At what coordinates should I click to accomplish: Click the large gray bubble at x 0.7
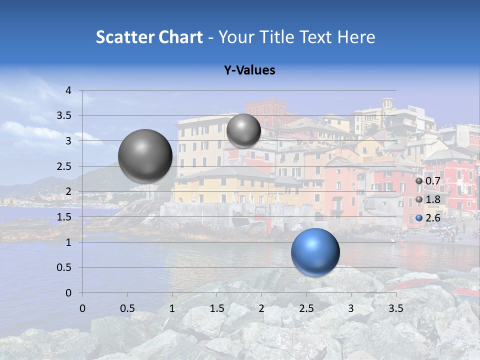point(145,156)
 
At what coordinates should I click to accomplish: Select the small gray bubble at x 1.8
point(243,130)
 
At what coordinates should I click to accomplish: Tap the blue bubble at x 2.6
point(315,252)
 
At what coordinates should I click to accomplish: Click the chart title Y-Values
point(249,70)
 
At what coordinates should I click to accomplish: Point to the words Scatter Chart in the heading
point(149,37)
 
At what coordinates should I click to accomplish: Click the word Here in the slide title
point(356,37)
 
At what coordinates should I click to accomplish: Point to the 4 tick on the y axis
point(69,90)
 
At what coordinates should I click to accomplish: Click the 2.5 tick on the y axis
point(63,166)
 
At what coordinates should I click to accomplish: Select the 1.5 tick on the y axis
point(63,217)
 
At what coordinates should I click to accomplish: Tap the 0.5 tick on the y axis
point(63,267)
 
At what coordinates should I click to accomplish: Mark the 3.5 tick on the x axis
point(396,307)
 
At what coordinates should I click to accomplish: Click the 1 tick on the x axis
point(172,307)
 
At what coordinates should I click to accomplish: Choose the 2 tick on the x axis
point(261,307)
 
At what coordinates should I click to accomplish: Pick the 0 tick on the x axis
point(82,307)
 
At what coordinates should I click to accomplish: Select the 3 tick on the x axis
point(351,307)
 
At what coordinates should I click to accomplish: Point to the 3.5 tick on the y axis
point(63,116)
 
